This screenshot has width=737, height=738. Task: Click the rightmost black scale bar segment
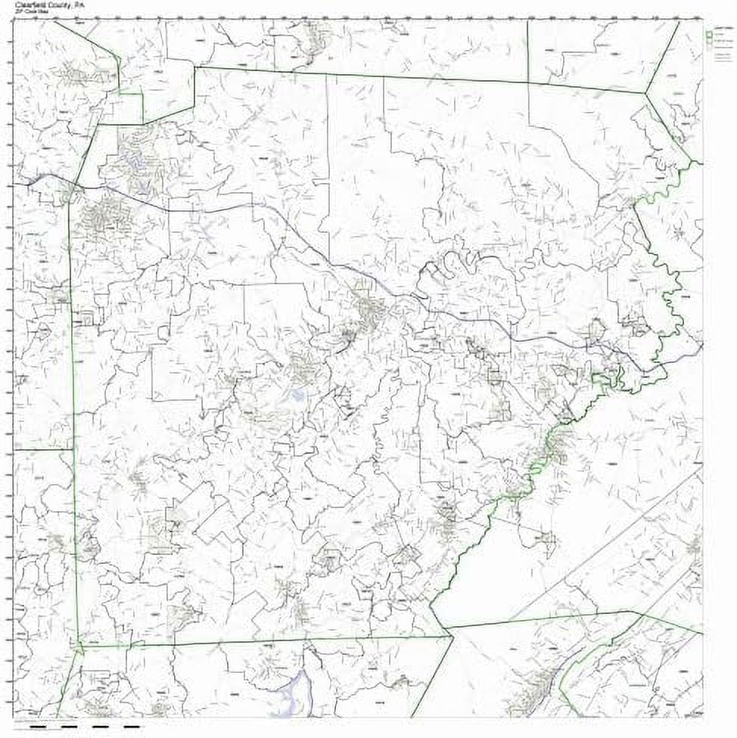tap(132, 727)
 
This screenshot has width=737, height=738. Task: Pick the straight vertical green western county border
tap(73, 416)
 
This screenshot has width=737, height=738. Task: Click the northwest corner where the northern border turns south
tap(194, 67)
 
